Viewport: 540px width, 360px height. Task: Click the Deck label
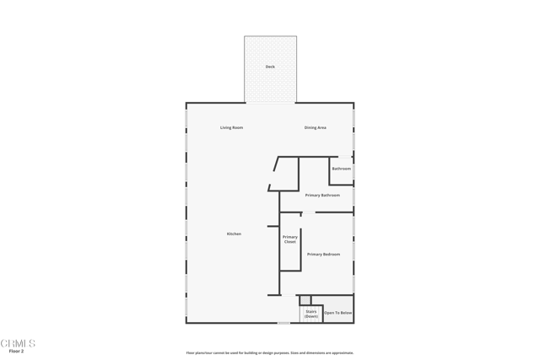click(x=270, y=67)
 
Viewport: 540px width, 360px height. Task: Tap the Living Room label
click(x=231, y=127)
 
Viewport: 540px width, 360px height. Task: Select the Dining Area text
click(x=315, y=127)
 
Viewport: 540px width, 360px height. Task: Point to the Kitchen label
click(x=234, y=234)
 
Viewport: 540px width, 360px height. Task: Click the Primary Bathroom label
click(x=322, y=195)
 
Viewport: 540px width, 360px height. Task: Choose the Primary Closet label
click(x=289, y=239)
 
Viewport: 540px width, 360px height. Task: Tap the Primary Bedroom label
click(x=323, y=254)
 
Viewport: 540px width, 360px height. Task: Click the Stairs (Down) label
click(x=311, y=314)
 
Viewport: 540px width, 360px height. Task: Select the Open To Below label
click(x=338, y=313)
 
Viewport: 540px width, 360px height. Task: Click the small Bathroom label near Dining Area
click(x=341, y=169)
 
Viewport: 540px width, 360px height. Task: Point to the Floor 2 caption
click(x=16, y=351)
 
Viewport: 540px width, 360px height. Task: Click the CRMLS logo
click(x=18, y=342)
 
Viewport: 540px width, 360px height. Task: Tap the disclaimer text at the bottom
click(x=270, y=352)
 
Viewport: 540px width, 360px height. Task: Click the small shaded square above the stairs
click(x=305, y=300)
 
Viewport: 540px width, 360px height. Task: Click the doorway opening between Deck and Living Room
click(x=270, y=103)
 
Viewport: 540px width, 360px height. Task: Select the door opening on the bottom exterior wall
click(x=283, y=322)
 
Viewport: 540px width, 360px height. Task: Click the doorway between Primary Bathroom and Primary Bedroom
click(x=308, y=212)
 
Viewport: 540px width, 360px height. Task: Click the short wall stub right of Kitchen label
click(x=273, y=226)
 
